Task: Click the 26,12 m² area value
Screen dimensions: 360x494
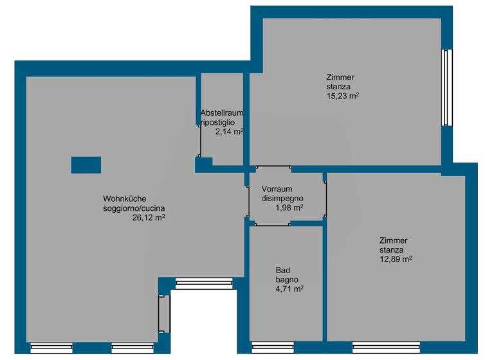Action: (x=149, y=217)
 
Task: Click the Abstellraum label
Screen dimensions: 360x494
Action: (x=221, y=112)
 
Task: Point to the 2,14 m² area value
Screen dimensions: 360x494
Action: (x=229, y=131)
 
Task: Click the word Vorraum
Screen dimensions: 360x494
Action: (x=277, y=189)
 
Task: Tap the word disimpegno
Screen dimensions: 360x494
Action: (x=282, y=198)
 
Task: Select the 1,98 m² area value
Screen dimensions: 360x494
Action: (x=289, y=208)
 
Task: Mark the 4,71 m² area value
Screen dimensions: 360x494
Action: (x=289, y=289)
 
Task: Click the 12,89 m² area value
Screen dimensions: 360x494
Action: (x=396, y=259)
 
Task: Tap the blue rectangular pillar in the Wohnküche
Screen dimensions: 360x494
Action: (x=86, y=165)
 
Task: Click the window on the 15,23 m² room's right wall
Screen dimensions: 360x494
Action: (x=447, y=87)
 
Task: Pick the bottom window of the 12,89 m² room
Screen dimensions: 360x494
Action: (x=386, y=348)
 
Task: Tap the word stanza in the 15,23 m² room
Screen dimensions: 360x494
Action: (x=338, y=87)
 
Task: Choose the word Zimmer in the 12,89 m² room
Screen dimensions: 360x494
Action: (x=393, y=240)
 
